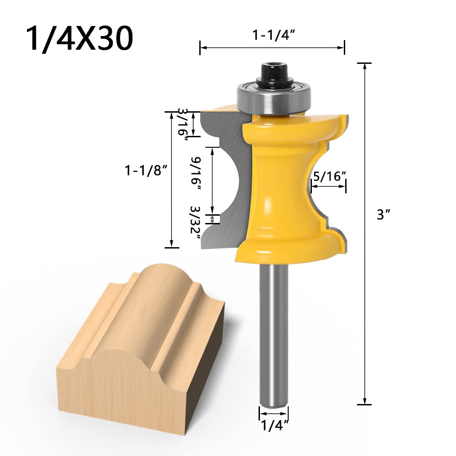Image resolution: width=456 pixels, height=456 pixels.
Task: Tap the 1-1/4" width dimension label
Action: click(272, 34)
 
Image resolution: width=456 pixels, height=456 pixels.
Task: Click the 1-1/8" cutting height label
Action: click(142, 170)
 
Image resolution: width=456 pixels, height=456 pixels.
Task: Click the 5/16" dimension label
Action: click(328, 176)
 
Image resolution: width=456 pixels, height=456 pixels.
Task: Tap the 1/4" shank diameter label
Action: click(273, 425)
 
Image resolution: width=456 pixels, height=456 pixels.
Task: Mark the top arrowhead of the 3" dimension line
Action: click(364, 65)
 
